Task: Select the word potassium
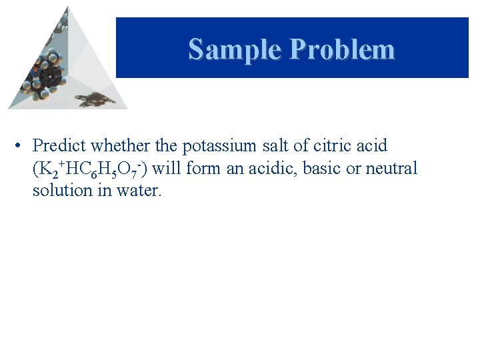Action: pyautogui.click(x=217, y=145)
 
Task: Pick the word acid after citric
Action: pyautogui.click(x=371, y=145)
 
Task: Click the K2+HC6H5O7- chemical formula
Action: pyautogui.click(x=91, y=169)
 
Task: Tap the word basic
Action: pyautogui.click(x=322, y=168)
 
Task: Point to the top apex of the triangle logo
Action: pyautogui.click(x=67, y=7)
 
